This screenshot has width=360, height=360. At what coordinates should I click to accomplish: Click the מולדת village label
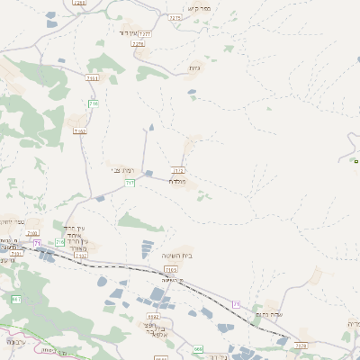click(x=177, y=183)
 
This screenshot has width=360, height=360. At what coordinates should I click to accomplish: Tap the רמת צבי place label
click(x=123, y=170)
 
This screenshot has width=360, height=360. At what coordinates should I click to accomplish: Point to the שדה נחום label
click(x=270, y=314)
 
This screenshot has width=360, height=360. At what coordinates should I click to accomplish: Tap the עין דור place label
click(x=132, y=34)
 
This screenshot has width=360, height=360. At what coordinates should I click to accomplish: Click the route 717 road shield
click(x=130, y=184)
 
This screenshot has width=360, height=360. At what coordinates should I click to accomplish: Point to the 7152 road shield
click(x=79, y=131)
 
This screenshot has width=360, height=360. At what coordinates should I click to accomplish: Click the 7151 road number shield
click(x=92, y=78)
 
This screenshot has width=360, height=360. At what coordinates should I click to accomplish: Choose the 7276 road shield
click(x=138, y=43)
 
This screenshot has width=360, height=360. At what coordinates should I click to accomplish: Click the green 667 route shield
click(x=16, y=299)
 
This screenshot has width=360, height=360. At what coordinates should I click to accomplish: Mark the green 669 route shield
click(x=198, y=348)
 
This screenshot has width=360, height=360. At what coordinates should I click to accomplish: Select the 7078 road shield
click(x=301, y=345)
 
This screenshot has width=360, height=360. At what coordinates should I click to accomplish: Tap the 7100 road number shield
click(x=33, y=234)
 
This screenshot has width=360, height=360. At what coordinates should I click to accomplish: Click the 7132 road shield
click(x=80, y=256)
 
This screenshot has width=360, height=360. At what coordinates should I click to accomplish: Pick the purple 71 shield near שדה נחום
click(x=237, y=304)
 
